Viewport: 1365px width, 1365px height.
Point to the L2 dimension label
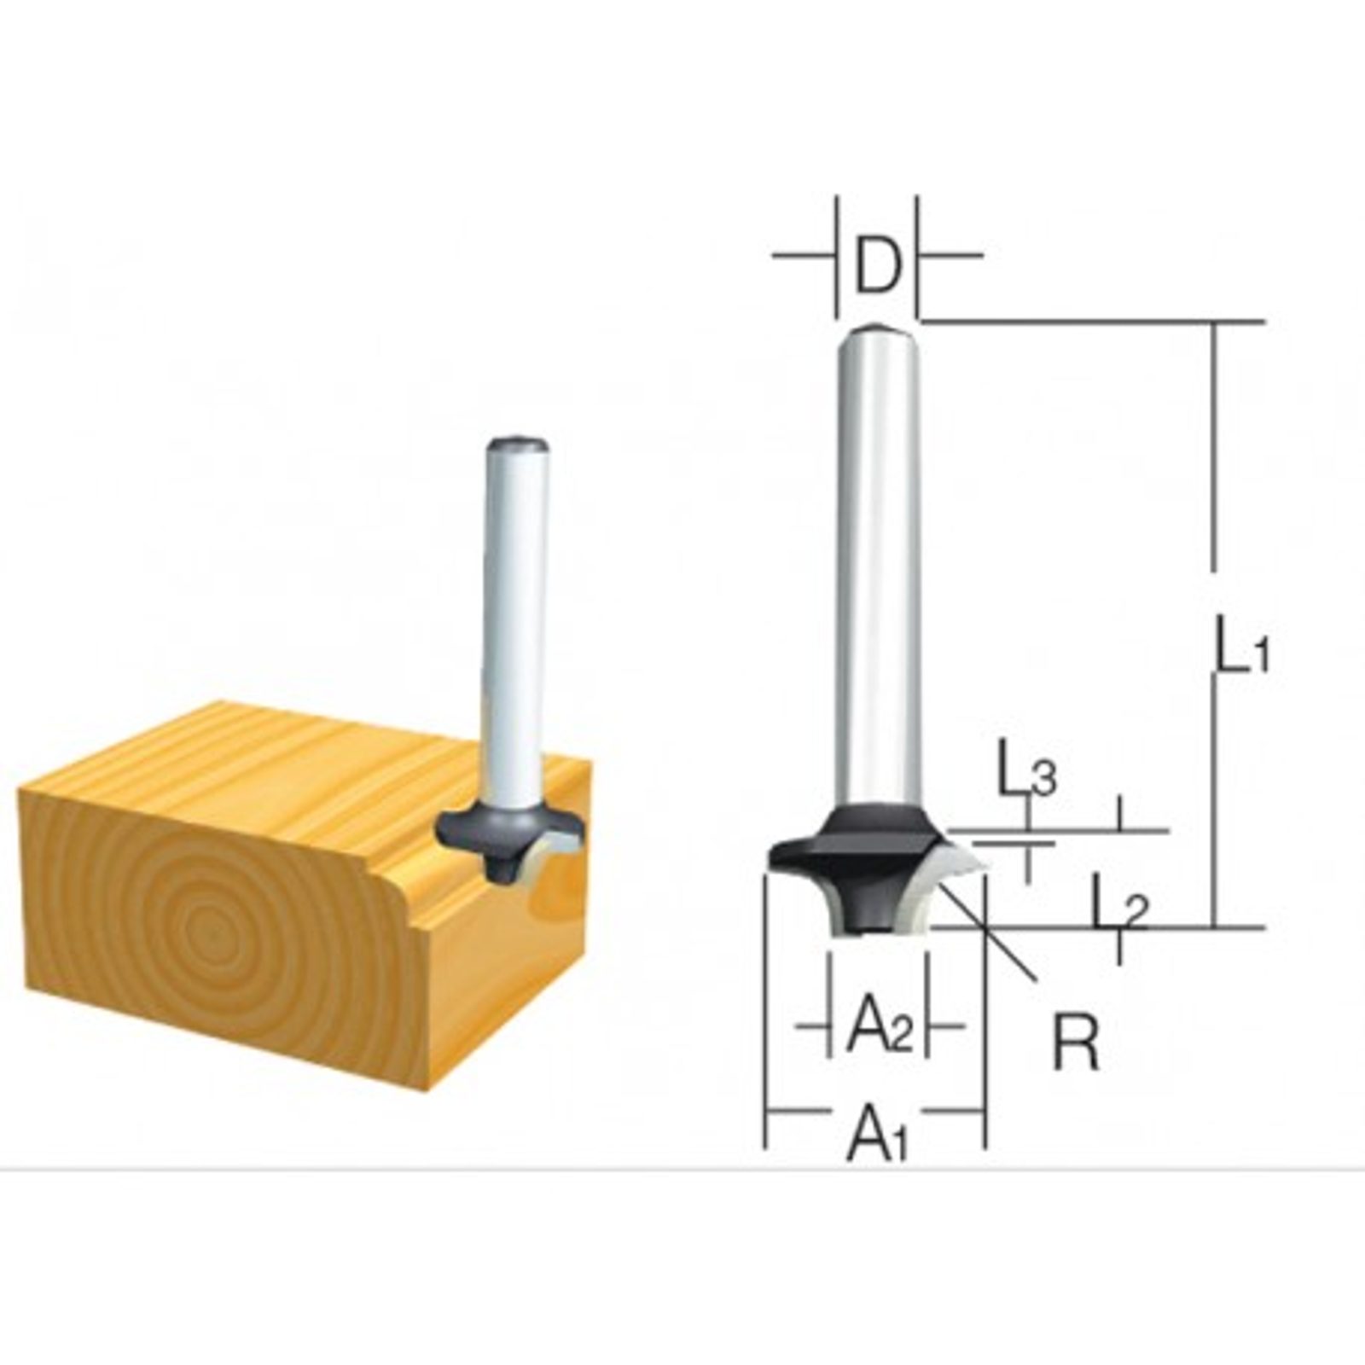click(x=1120, y=911)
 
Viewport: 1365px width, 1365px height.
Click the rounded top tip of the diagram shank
click(x=878, y=327)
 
